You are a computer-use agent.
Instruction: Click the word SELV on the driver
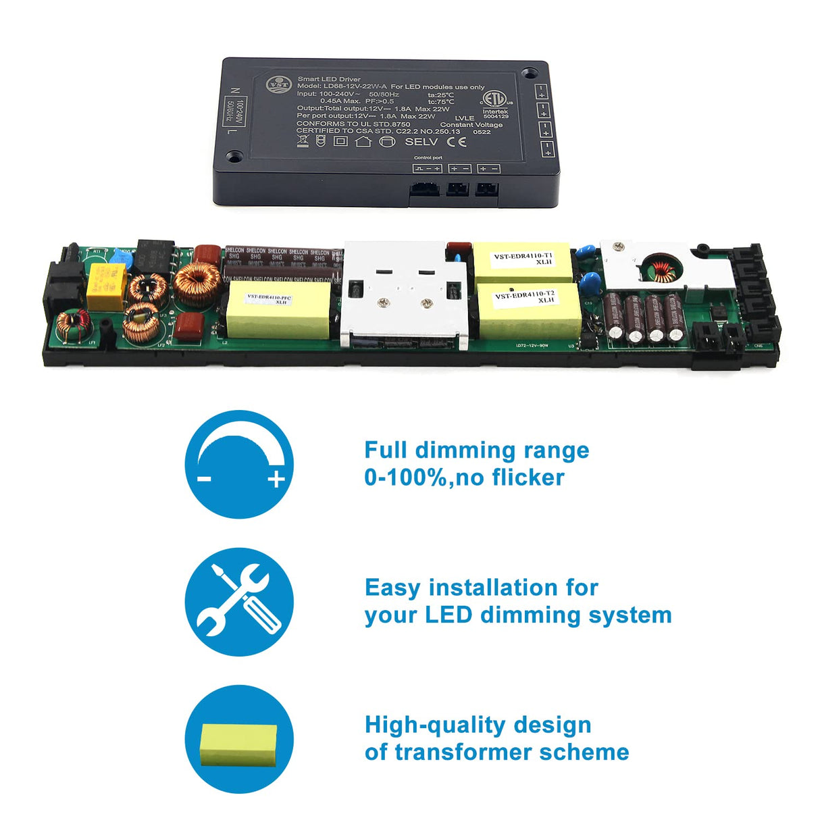click(x=421, y=142)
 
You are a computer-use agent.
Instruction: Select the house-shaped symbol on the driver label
click(x=363, y=141)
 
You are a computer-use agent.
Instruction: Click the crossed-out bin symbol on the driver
click(x=303, y=141)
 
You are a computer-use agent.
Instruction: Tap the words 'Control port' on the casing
click(x=428, y=158)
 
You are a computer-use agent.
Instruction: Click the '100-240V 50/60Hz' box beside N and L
click(x=234, y=111)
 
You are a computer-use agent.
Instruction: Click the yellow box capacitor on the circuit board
click(x=107, y=286)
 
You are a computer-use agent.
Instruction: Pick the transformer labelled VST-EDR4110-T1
click(x=523, y=262)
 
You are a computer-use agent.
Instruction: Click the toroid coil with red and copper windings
click(x=73, y=326)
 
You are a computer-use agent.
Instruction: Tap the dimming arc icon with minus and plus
click(x=239, y=464)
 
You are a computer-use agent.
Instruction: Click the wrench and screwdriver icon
click(x=239, y=602)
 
